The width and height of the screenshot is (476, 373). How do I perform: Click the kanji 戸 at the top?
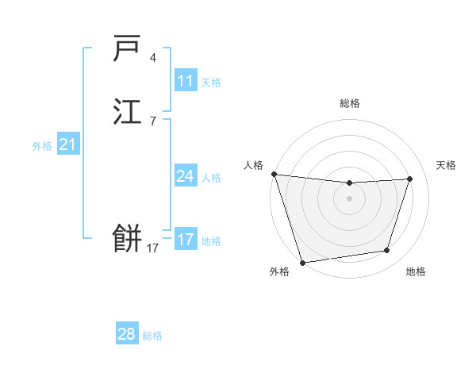127,49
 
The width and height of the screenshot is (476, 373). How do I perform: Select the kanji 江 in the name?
127,113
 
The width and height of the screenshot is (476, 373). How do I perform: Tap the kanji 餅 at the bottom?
127,237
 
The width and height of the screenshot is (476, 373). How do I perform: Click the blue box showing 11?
186,81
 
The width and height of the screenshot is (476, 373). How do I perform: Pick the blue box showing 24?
186,176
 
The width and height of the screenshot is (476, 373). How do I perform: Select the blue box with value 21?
67,144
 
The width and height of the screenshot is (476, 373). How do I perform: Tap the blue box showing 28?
127,334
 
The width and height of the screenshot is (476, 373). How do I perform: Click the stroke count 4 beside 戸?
153,58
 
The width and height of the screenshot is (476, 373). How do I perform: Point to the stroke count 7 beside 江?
153,121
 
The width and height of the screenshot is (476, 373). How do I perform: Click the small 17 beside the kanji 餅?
152,248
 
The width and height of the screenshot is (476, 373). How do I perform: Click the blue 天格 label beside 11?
211,82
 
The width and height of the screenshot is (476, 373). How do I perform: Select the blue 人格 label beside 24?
211,177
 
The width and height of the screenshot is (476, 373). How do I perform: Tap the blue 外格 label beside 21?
42,146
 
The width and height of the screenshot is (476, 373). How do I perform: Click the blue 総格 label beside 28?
152,336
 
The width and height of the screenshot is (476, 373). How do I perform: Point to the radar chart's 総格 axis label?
349,103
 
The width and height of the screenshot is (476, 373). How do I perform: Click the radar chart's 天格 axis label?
447,165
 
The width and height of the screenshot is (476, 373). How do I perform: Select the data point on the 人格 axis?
274,174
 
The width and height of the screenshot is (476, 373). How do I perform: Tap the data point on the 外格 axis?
302,262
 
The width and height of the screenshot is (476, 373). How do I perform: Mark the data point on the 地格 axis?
387,251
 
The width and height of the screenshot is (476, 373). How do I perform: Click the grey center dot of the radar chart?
349,198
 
